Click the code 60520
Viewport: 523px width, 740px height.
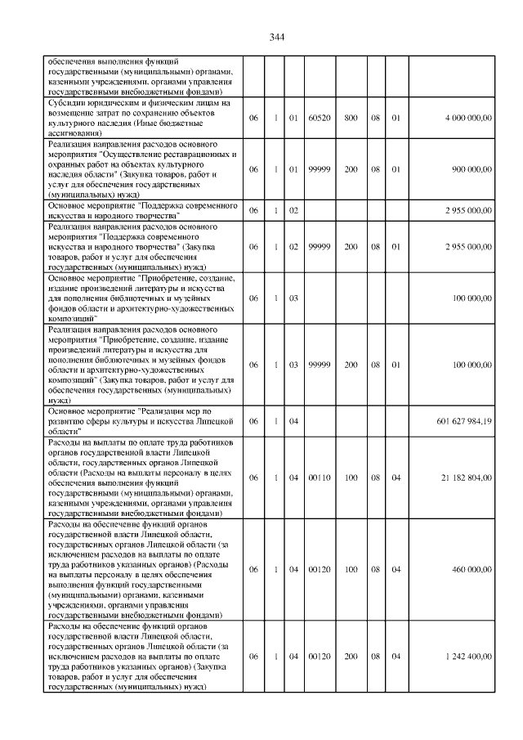[319, 119]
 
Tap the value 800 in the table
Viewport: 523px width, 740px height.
[350, 119]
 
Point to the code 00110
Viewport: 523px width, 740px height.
[319, 478]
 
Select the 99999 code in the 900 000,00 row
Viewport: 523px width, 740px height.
[319, 169]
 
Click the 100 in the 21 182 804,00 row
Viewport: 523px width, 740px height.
[350, 478]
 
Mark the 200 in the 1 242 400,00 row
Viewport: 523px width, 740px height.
[350, 656]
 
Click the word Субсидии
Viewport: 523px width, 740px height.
[69, 104]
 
